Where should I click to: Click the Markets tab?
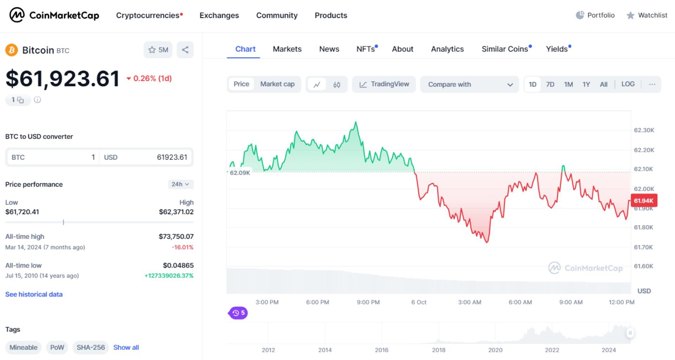pos(287,49)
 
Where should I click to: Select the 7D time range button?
pos(550,84)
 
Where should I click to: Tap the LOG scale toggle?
pos(628,84)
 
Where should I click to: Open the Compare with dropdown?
pos(469,84)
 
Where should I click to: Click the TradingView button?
pos(384,84)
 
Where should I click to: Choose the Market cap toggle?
pos(277,84)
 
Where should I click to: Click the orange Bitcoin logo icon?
pos(12,50)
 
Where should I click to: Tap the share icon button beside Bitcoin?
pos(185,50)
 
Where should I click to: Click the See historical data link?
pos(34,295)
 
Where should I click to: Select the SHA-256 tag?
pos(91,348)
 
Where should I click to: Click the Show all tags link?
pos(126,348)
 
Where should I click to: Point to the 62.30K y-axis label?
pos(644,130)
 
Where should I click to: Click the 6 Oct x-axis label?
pos(419,302)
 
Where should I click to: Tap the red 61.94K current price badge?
pos(643,201)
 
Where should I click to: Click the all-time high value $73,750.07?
pos(176,237)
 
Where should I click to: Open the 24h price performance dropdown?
pos(180,184)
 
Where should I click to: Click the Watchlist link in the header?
pos(647,15)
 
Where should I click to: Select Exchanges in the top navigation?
pos(219,15)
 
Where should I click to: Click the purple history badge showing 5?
pos(238,313)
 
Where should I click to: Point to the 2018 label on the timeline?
pos(438,350)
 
